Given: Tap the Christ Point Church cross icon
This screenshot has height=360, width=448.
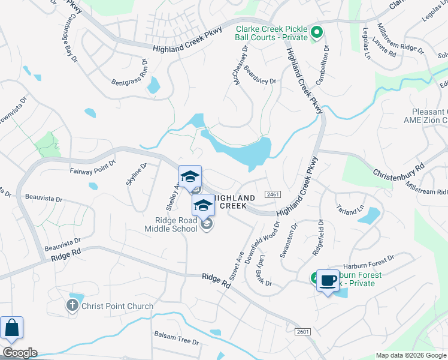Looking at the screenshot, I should coord(71,306).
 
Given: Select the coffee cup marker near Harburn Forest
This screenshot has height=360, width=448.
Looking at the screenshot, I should coord(328,281).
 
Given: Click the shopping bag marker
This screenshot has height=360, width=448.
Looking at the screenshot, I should coord(11,329).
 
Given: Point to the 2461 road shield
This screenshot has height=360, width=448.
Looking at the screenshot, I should coord(271,194).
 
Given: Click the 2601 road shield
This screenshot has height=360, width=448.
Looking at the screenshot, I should coord(303,331).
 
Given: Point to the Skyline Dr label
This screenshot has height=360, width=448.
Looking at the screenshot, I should coord(136,175).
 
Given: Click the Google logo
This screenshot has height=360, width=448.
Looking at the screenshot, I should coord(20,353).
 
